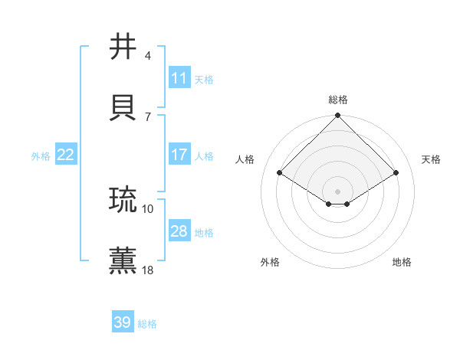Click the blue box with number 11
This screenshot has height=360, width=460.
(x=179, y=78)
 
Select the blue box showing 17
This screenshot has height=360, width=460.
(x=179, y=155)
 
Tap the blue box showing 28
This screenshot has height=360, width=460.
(x=179, y=231)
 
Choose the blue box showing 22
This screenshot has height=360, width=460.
(x=66, y=155)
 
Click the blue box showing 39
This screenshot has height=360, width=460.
(x=123, y=322)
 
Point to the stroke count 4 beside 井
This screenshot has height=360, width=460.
(x=147, y=55)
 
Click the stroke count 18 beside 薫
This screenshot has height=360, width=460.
(x=148, y=270)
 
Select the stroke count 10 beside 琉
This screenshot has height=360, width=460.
(x=148, y=208)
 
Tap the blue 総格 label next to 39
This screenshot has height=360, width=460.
(x=147, y=324)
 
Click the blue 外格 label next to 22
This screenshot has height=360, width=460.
(x=41, y=156)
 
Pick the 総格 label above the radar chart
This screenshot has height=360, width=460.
(x=338, y=100)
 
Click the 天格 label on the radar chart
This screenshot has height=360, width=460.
(x=431, y=159)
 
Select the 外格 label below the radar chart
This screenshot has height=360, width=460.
(x=270, y=262)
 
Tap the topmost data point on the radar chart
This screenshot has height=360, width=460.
(x=338, y=116)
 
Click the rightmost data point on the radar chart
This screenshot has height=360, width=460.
(x=396, y=172)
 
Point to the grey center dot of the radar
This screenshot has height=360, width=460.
(x=338, y=191)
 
